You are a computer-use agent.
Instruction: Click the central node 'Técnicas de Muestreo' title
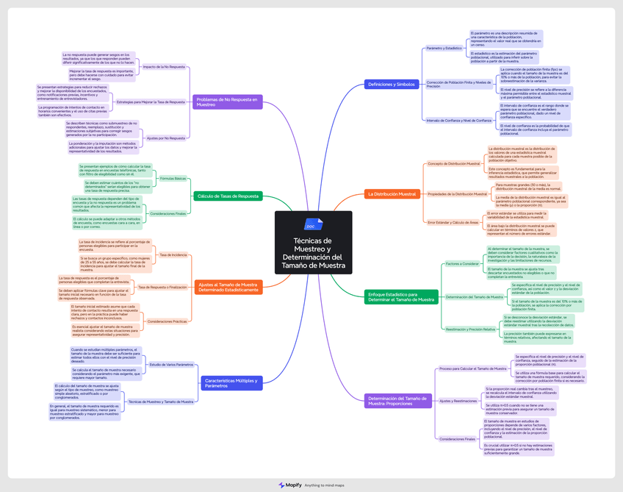[314, 252]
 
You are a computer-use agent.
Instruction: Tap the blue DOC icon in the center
[314, 224]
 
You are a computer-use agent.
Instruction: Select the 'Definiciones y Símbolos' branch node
[392, 85]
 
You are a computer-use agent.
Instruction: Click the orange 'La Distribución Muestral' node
[392, 194]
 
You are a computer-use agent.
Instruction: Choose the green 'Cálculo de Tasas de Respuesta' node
[228, 196]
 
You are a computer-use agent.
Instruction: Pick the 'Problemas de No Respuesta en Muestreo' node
[228, 101]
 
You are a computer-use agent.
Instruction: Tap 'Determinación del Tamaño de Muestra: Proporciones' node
[400, 401]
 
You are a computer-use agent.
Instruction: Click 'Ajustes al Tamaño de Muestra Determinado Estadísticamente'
[228, 287]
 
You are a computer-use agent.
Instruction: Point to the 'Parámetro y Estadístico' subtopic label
[444, 49]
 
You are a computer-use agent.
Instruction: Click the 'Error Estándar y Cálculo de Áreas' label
[453, 222]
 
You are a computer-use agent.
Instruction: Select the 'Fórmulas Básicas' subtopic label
[173, 179]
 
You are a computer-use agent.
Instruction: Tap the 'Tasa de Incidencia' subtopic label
[173, 255]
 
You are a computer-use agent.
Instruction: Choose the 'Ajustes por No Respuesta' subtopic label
[166, 138]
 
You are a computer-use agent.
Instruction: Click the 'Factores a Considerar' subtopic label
[462, 263]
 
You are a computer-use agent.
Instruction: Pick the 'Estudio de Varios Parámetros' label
[171, 365]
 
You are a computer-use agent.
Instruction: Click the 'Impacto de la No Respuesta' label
[164, 67]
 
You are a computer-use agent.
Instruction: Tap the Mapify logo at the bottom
[289, 485]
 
